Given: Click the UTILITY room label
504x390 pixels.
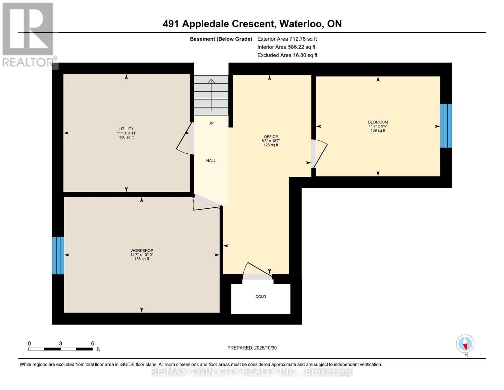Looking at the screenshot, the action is (x=126, y=129).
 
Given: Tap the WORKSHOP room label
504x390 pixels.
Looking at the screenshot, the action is (x=142, y=250).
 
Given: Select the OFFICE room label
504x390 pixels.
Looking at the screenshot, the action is (x=271, y=136).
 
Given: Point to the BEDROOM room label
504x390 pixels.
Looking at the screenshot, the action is (x=378, y=122).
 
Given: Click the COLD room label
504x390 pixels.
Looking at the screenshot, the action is (x=261, y=297).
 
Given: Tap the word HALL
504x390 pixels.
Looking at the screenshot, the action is (x=211, y=161).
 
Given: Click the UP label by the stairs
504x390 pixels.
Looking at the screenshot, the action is (x=211, y=123).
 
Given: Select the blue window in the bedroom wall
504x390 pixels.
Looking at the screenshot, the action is (x=446, y=126).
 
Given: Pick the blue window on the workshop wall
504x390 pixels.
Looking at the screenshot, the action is (x=58, y=255).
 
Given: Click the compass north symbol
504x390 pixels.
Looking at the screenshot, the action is (x=465, y=344).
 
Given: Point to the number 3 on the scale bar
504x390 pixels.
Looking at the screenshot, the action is (x=60, y=343).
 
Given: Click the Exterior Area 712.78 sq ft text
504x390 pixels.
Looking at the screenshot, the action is (x=287, y=39).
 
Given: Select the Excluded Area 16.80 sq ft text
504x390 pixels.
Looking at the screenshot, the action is (x=287, y=55).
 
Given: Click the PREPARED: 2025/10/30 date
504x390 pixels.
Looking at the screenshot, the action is (x=252, y=348).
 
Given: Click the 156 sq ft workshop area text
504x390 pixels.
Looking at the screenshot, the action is (x=142, y=259).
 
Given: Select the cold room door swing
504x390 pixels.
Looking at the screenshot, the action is (x=257, y=270).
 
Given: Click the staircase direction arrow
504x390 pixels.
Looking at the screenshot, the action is (x=211, y=95).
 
